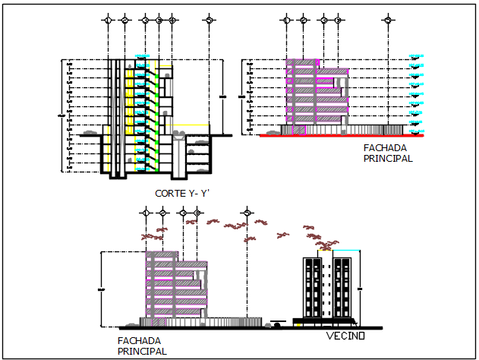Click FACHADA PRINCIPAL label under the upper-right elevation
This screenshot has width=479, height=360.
pos(387,153)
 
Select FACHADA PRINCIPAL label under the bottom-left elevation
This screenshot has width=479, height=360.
pos(142,346)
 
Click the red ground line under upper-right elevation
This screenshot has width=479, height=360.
pos(342,136)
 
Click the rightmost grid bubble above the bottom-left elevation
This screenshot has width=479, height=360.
pos(246,213)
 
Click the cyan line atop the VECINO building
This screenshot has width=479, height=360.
pos(345,251)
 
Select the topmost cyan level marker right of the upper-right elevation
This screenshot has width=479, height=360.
pos(416,55)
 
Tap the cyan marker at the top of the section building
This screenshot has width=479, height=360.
pos(141,55)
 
